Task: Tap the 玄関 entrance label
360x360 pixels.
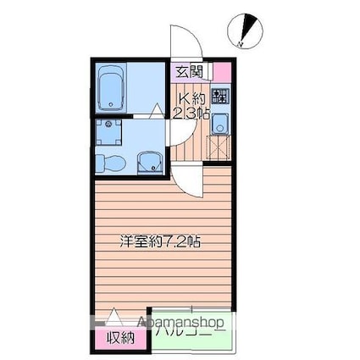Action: [188, 71]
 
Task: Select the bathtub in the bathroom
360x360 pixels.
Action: [111, 87]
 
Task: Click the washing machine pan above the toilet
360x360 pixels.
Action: [107, 132]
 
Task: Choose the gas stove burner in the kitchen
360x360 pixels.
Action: [220, 97]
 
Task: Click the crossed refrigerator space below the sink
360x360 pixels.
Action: [219, 148]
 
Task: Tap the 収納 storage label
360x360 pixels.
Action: [119, 338]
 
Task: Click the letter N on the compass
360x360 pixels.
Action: [242, 42]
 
